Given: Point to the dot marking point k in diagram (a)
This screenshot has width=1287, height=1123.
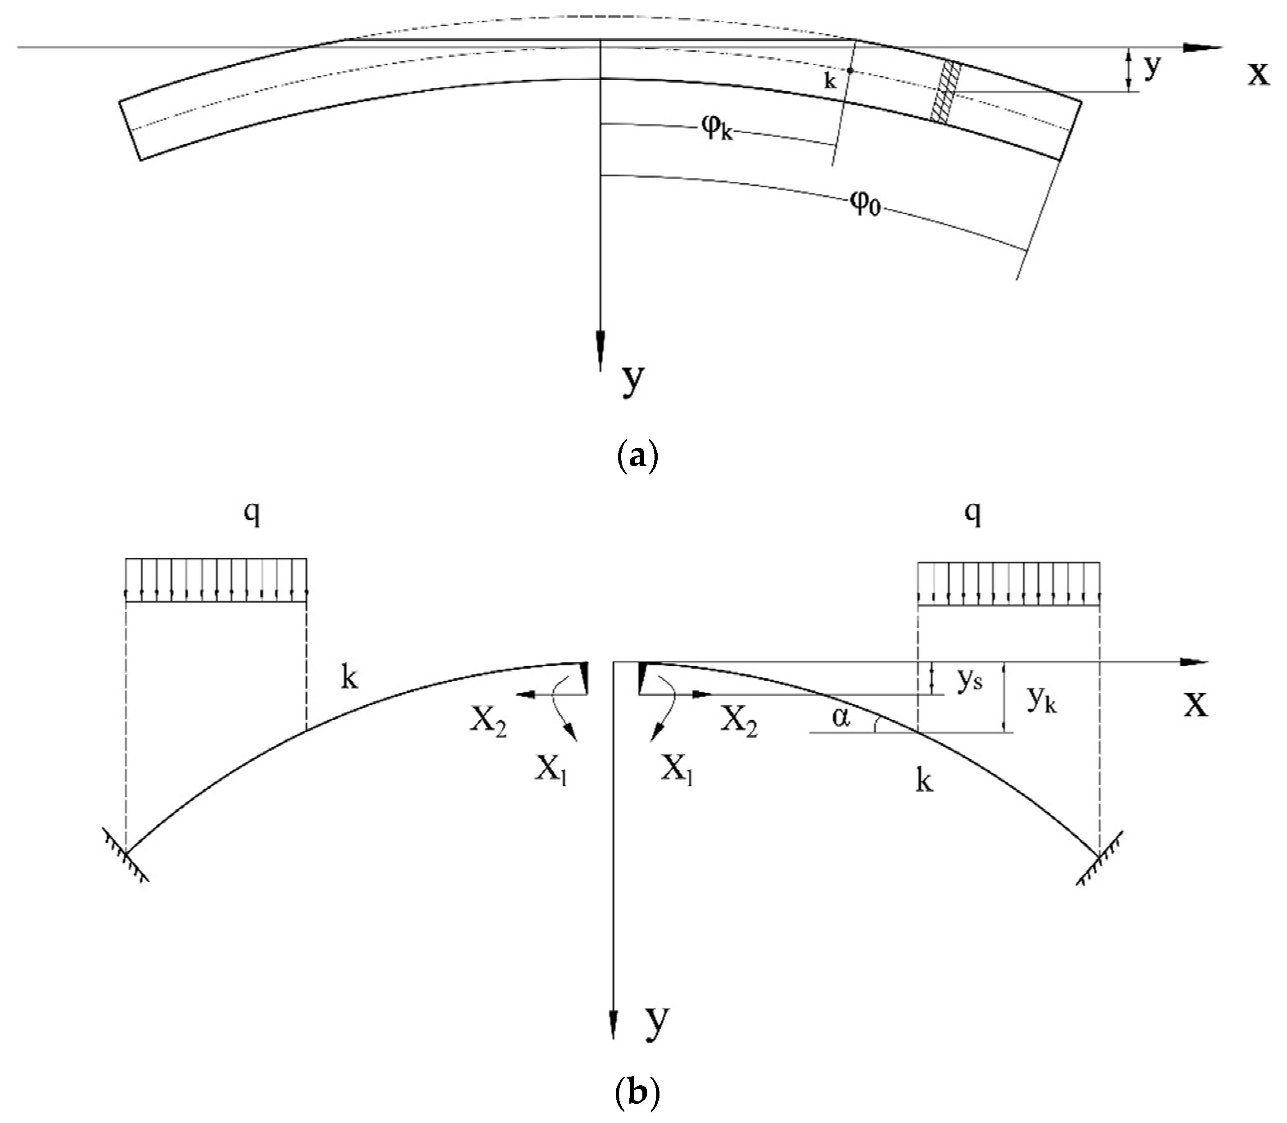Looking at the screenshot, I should pos(850,71).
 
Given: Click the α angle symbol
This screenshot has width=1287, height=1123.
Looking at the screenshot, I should pos(841,719).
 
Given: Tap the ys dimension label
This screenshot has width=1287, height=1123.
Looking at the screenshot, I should pos(969,681).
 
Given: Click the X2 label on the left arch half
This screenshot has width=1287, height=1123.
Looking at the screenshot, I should pos(489,724).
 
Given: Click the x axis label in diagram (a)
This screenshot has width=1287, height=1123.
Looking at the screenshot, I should pos(1258,74).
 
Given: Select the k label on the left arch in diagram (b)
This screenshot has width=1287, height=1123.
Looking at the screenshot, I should pos(349,678).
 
